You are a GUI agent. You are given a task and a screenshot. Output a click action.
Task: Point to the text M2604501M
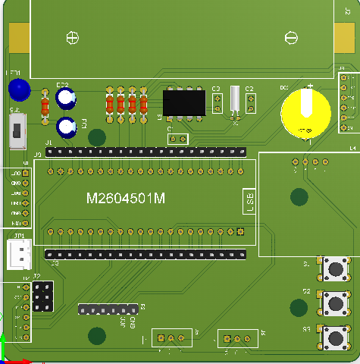point(126,199)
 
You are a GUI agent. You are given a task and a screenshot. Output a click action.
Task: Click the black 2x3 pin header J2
point(43,296)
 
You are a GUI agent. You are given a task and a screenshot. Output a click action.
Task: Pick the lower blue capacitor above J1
point(67,126)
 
